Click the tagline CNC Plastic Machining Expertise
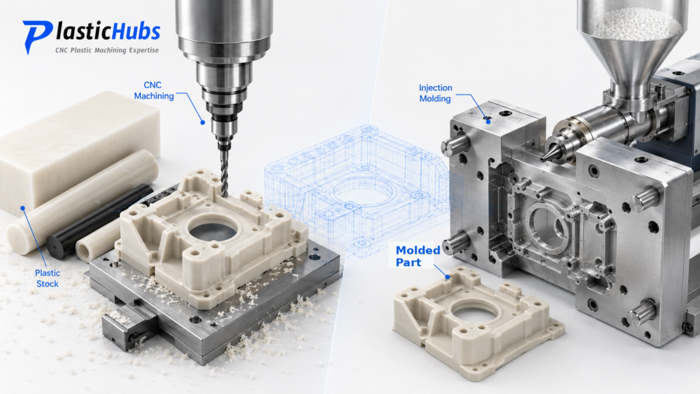pyautogui.click(x=107, y=50)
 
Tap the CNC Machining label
pyautogui.click(x=154, y=90)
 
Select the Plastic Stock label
pyautogui.click(x=47, y=278)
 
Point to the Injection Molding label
pyautogui.click(x=435, y=93)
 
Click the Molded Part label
pyautogui.click(x=418, y=257)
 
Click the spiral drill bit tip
pyautogui.click(x=224, y=193)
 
